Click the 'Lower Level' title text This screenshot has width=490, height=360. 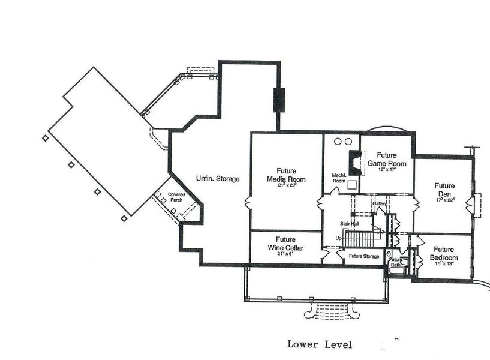tap(319, 344)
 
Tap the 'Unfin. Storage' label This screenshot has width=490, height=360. tap(218, 179)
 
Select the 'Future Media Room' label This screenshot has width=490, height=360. tap(286, 175)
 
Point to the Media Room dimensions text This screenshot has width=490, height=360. tap(287, 185)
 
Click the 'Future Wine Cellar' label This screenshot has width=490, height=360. tap(286, 244)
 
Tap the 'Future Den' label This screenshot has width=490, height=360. tap(444, 190)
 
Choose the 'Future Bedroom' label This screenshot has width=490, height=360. tap(444, 253)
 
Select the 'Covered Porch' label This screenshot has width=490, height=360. tap(176, 197)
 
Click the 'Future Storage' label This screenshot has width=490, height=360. tap(364, 256)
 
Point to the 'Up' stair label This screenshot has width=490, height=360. tap(339, 238)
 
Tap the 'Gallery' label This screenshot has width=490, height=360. tap(379, 204)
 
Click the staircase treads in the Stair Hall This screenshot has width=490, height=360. tap(360, 239)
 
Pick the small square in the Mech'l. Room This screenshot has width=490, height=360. tap(353, 185)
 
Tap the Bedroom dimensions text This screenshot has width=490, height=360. tap(444, 262)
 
